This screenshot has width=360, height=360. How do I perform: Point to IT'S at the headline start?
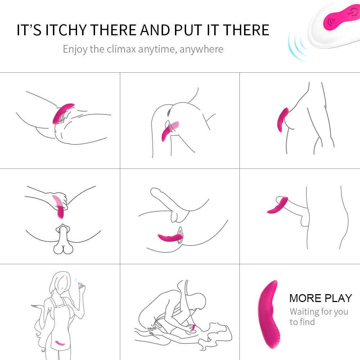[x=29, y=30]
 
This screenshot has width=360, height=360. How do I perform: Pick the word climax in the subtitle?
[x=121, y=49]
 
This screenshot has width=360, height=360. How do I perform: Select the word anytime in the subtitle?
[x=158, y=49]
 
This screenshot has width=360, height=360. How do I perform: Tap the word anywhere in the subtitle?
[x=201, y=49]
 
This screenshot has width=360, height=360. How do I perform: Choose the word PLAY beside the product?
[x=338, y=298]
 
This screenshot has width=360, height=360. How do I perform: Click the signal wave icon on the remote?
[x=331, y=22]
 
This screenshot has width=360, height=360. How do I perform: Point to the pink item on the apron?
[x=60, y=343]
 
